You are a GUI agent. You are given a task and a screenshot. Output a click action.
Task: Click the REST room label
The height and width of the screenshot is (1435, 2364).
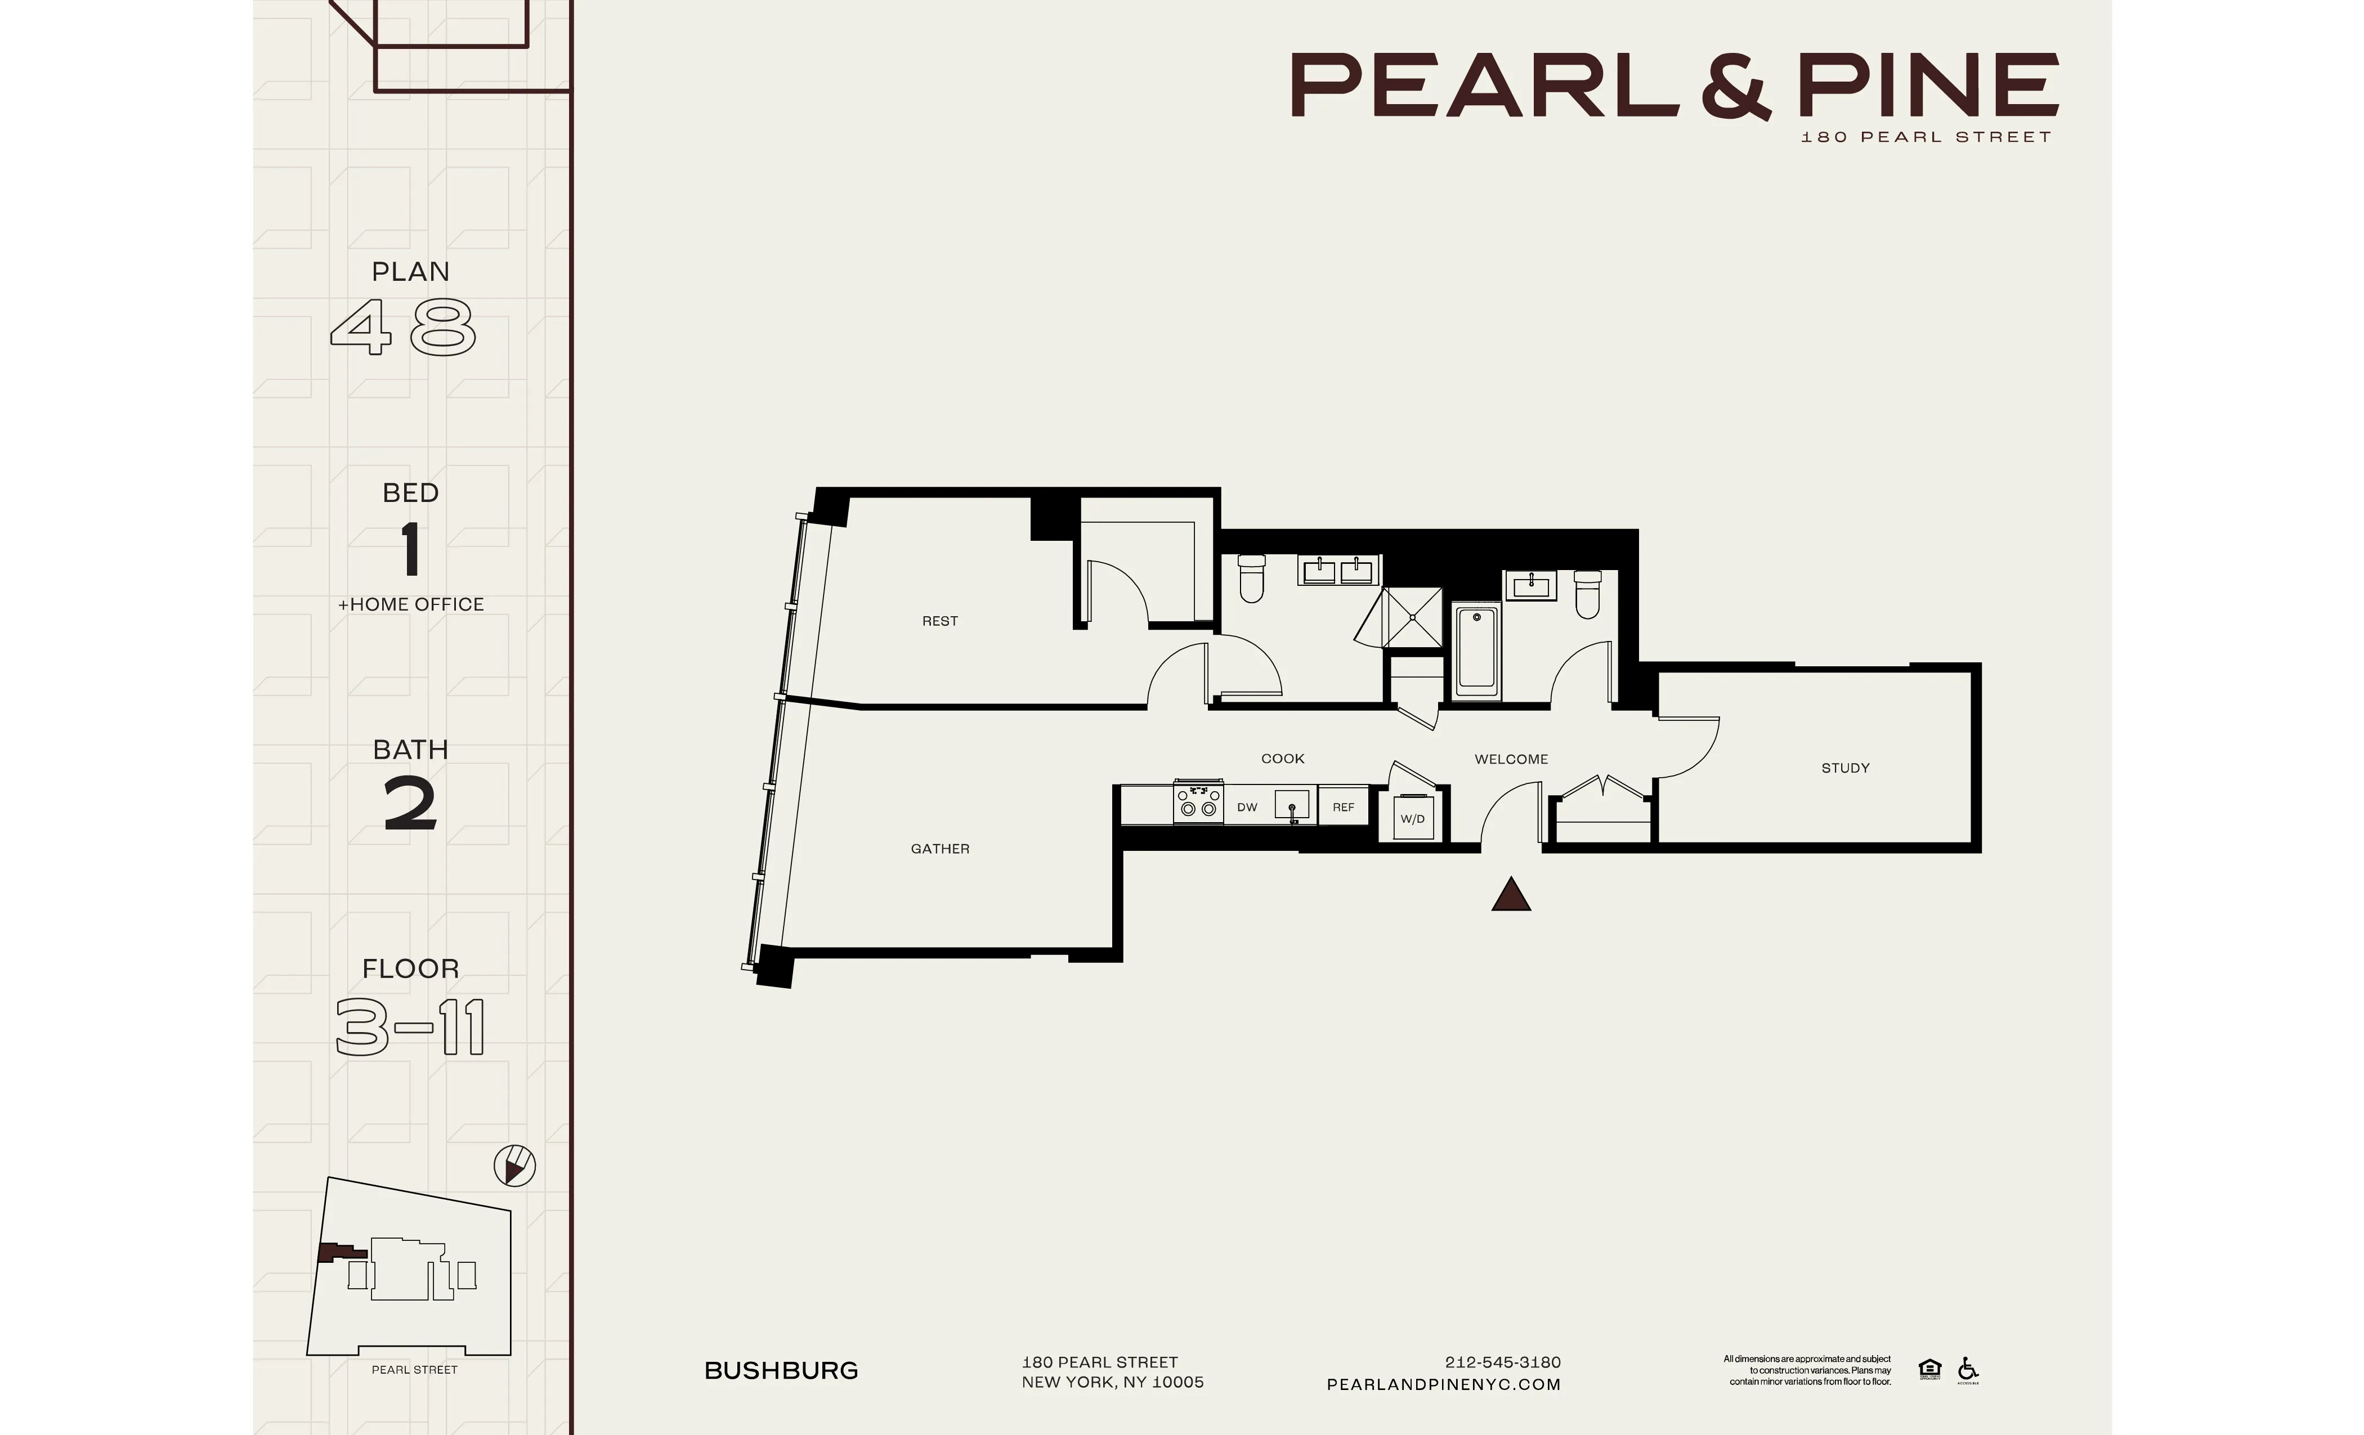[939, 621]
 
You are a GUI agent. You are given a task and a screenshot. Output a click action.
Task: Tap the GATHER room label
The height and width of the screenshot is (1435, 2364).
[939, 848]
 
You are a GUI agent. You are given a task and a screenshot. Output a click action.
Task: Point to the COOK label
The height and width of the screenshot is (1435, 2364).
[1282, 758]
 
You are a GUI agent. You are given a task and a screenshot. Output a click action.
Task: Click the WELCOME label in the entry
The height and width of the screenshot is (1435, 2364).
[1510, 759]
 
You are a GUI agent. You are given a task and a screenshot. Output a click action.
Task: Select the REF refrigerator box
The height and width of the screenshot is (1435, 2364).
[1342, 807]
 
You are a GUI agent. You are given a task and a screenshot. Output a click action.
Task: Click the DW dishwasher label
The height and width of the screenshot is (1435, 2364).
[1246, 807]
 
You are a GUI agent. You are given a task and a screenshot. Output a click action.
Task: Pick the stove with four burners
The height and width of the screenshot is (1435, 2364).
[1197, 802]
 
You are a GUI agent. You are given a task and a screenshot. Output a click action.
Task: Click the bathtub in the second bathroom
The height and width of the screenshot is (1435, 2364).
[1476, 651]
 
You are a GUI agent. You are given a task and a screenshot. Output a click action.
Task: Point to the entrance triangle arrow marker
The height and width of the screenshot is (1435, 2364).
[1510, 895]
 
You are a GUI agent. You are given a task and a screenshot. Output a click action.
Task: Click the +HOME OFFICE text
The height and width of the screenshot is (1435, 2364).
[411, 604]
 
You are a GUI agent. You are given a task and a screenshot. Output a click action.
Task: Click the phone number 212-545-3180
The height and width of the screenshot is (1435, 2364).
[1502, 1362]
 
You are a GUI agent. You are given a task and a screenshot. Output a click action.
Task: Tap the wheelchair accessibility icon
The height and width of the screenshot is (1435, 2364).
[1967, 1369]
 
